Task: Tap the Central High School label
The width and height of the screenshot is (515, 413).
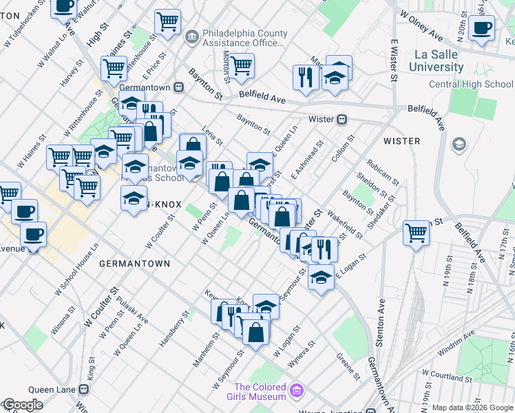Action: click(471, 84)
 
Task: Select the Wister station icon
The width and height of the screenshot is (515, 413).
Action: click(341, 118)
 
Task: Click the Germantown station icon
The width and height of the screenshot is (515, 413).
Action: click(178, 87)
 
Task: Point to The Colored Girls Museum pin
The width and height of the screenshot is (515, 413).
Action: click(296, 390)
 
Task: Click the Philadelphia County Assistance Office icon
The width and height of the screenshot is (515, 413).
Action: click(191, 35)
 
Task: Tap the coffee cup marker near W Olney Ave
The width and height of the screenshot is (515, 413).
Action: click(482, 29)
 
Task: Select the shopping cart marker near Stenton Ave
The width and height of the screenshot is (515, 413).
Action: click(417, 234)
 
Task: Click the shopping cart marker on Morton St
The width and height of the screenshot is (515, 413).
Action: click(241, 67)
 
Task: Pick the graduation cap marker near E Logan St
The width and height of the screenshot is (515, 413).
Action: click(321, 277)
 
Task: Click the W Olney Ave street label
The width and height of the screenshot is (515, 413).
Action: click(422, 26)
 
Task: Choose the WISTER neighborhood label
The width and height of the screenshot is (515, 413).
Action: click(401, 141)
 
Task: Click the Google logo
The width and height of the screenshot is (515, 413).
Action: click(22, 405)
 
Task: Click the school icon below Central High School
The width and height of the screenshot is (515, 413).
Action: click(459, 145)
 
